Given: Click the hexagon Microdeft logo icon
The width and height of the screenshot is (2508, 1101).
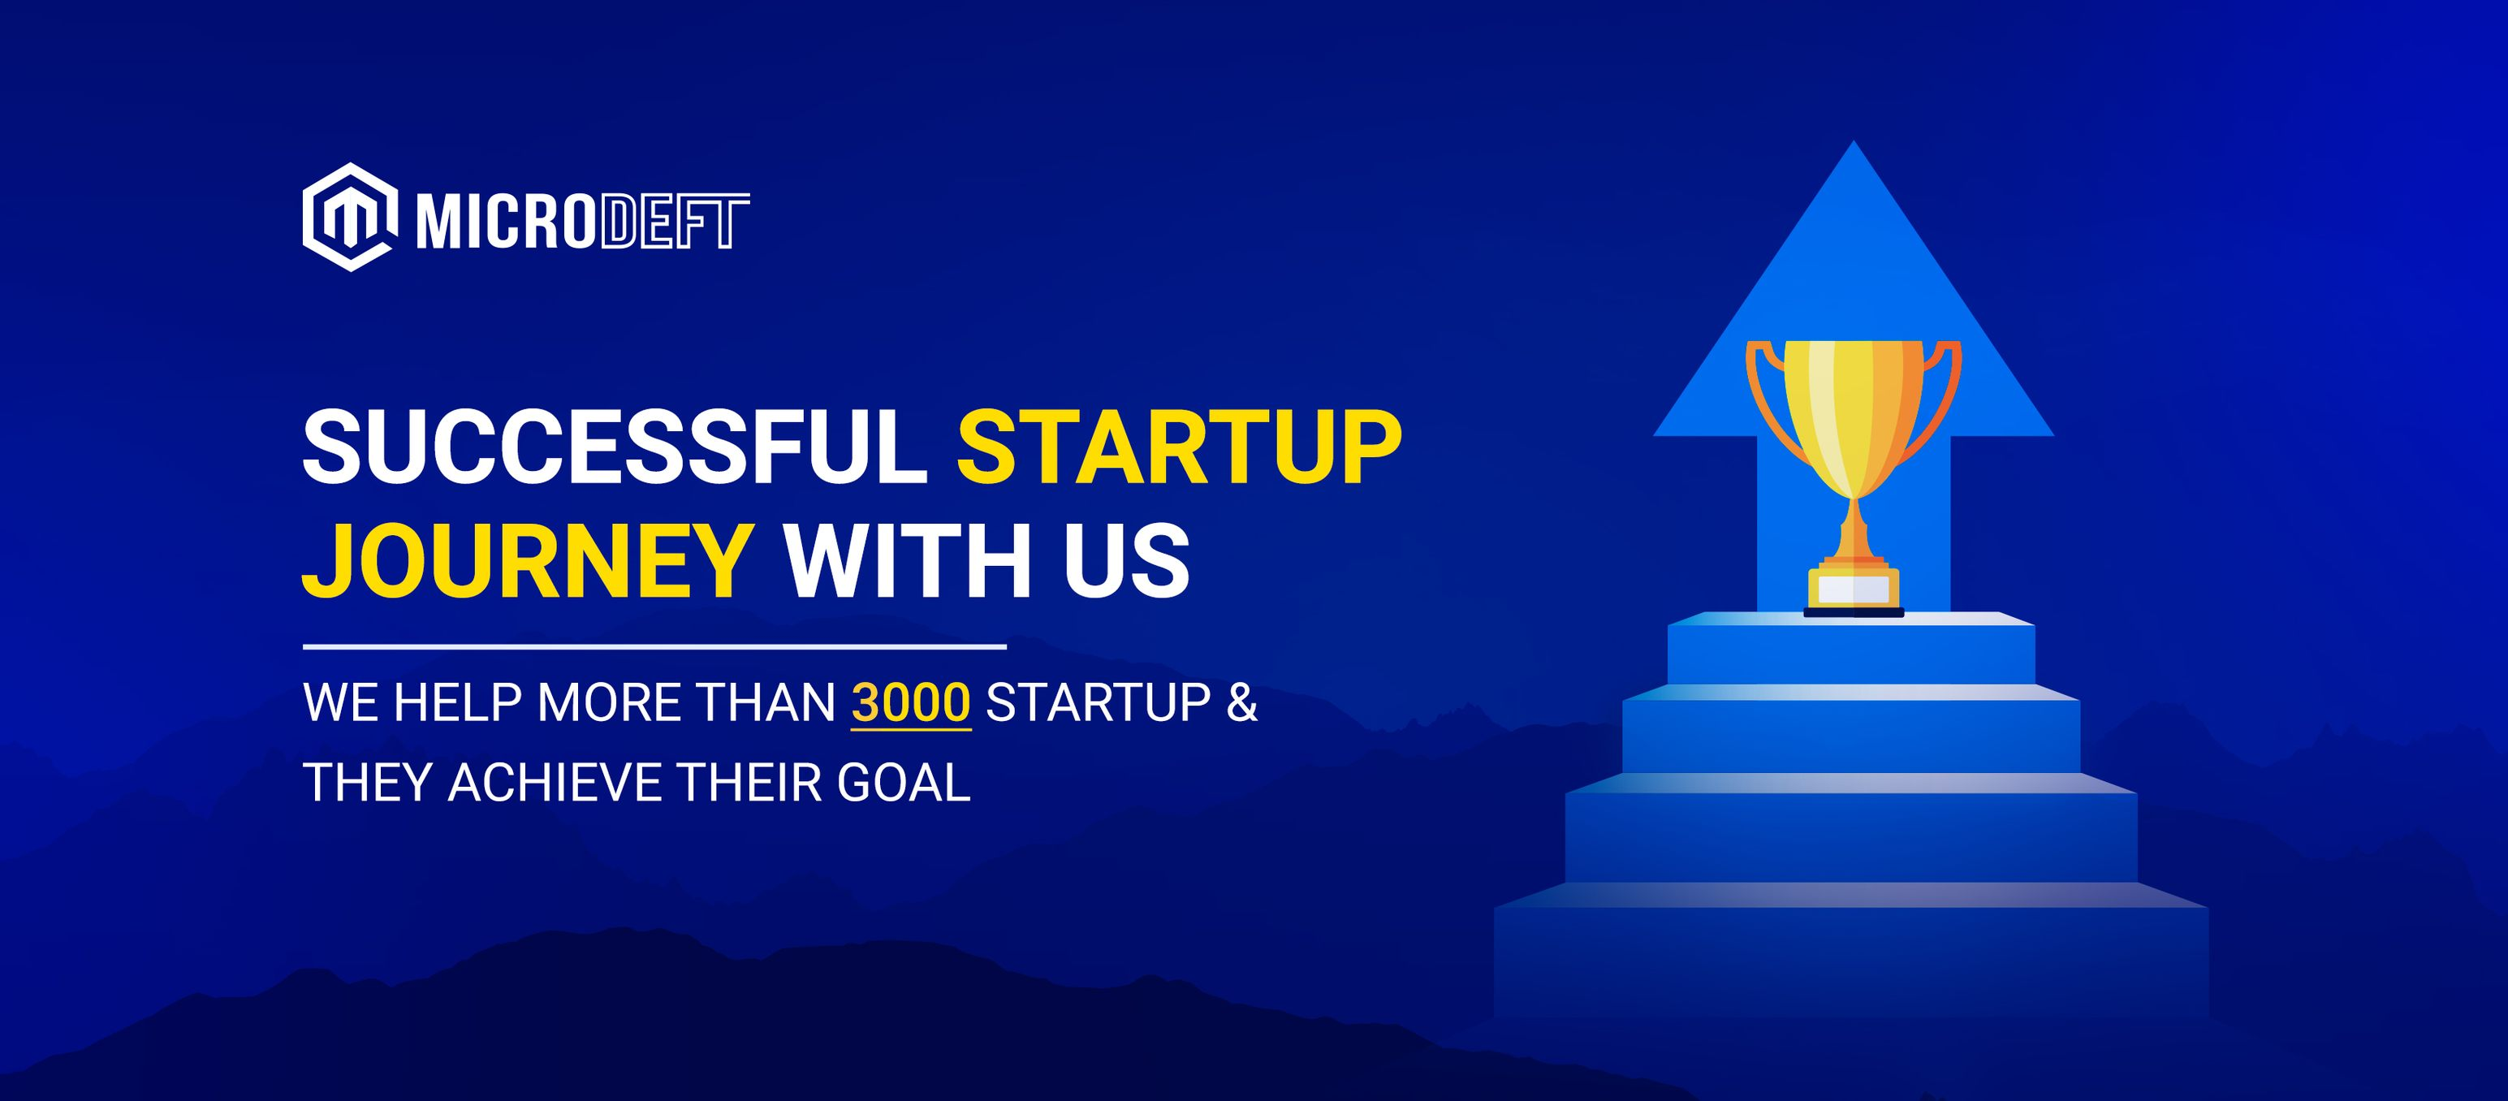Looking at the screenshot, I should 348,217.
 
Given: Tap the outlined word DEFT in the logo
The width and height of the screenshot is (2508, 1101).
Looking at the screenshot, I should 674,222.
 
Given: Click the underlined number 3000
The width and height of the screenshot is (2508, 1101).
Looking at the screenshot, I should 910,703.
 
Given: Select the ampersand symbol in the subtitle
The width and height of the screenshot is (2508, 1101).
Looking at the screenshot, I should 1241,703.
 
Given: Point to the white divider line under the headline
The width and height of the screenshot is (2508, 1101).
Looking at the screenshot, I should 654,646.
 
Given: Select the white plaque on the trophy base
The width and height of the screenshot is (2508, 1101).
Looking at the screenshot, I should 1853,589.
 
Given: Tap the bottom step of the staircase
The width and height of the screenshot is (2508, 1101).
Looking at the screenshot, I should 1850,959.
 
